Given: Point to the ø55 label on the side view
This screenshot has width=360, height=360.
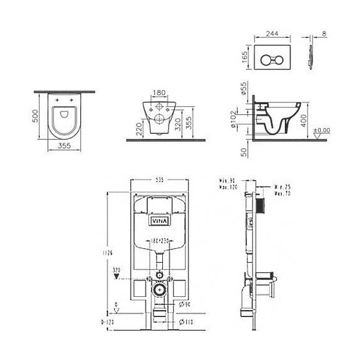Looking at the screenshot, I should click(x=244, y=91).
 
